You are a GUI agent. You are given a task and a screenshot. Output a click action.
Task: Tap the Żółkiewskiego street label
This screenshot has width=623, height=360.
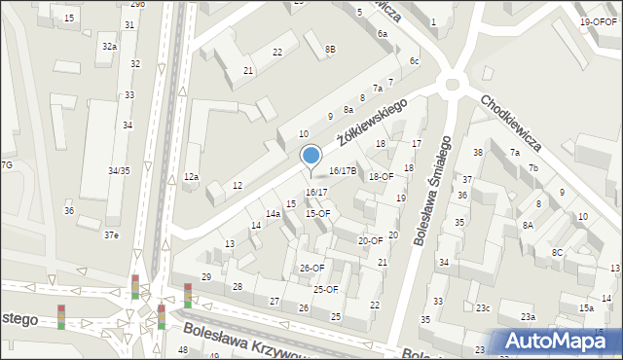pos(371,122)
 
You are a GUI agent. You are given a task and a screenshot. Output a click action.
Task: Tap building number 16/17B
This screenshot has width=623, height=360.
pos(342,170)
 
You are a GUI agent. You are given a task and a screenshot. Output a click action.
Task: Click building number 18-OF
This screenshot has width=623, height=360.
pos(381,176)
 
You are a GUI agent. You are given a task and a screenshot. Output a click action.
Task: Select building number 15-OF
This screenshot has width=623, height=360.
pos(318,213)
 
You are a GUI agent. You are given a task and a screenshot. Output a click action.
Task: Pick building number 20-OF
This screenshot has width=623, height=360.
pos(370,240)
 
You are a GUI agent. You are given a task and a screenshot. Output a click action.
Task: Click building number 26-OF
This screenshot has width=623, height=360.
pos(311,268)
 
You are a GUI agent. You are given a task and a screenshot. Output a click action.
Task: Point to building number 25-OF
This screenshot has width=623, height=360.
pos(325,289)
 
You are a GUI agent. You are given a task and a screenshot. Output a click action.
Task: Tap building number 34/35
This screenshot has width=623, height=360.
pos(119,170)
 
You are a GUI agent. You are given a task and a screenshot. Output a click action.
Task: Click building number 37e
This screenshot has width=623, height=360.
pos(112,235)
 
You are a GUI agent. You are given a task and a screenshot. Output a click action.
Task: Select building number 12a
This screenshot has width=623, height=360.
pos(192,176)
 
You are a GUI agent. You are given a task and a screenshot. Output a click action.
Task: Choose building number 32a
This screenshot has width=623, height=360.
pos(110,46)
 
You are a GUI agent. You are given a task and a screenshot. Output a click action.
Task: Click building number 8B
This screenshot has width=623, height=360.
pos(330,49)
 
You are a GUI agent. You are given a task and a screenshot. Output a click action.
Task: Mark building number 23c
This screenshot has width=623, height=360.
pos(483,308)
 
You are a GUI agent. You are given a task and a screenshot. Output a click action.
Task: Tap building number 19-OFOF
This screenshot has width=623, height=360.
pos(598,21)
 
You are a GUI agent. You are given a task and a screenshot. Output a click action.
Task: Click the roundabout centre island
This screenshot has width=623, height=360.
pos(451,84)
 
